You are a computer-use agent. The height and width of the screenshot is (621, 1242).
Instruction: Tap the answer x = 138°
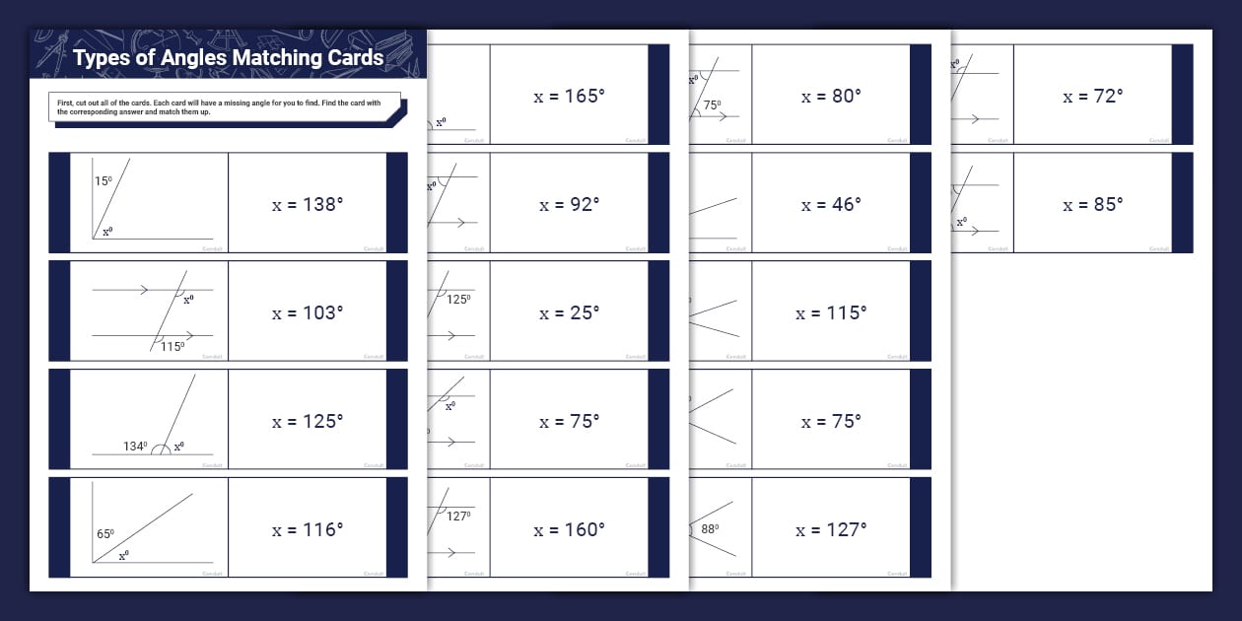pos(308,204)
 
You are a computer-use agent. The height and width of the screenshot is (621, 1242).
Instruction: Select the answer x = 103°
pos(308,312)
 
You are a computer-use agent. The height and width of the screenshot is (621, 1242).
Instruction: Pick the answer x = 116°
pos(308,529)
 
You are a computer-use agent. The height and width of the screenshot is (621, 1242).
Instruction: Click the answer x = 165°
pos(569,96)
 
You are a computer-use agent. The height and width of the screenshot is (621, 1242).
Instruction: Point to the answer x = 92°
pos(569,204)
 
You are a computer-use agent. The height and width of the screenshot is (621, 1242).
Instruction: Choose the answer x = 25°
pos(569,312)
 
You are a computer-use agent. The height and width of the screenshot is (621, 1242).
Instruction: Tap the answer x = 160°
pos(569,529)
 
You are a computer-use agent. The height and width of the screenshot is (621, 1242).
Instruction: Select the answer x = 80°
pos(831,96)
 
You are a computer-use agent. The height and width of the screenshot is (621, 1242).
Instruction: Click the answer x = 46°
pos(831,204)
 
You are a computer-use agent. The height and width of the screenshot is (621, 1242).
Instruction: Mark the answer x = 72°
pos(1092,96)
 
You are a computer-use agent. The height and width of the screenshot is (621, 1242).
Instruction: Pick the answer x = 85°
pos(1092,204)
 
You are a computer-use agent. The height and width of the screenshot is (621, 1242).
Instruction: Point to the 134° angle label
pos(135,447)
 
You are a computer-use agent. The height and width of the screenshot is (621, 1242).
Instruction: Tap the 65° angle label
pos(104,534)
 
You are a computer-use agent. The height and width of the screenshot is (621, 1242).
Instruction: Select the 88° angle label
pos(710,529)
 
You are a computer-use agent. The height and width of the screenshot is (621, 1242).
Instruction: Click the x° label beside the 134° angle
pos(178,447)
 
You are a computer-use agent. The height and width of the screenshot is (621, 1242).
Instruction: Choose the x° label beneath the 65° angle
pos(123,556)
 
